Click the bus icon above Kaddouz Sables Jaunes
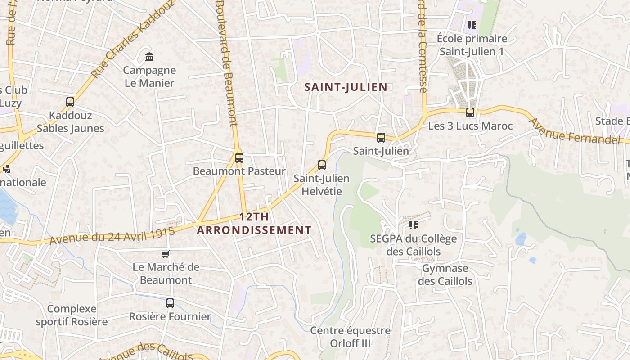pos(70,102)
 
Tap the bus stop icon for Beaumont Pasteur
pos(239,158)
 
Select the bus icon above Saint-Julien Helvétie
pos(322,165)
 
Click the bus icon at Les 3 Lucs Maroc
pos(470,112)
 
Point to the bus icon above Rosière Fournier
pos(170,303)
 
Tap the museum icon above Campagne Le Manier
pos(149,57)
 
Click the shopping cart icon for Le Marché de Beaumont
pos(166,254)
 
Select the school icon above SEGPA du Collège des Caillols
pos(413,225)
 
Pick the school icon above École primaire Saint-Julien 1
pos(472,25)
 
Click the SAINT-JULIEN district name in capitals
pos(346,87)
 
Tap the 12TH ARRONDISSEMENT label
pos(254,224)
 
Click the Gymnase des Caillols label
pos(445,275)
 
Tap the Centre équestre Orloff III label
pos(350,337)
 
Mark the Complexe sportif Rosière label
pos(72,315)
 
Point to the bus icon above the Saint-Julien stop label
pos(381,138)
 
